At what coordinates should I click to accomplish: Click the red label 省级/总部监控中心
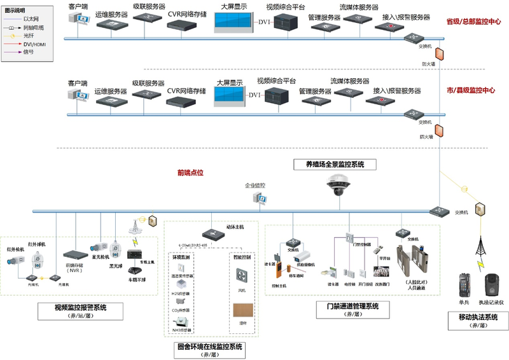point(473,22)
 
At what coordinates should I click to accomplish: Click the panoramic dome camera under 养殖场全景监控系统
point(336,186)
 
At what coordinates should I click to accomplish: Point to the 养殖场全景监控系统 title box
point(335,164)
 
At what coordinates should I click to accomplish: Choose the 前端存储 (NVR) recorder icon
point(74,254)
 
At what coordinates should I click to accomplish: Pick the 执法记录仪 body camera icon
point(492,284)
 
